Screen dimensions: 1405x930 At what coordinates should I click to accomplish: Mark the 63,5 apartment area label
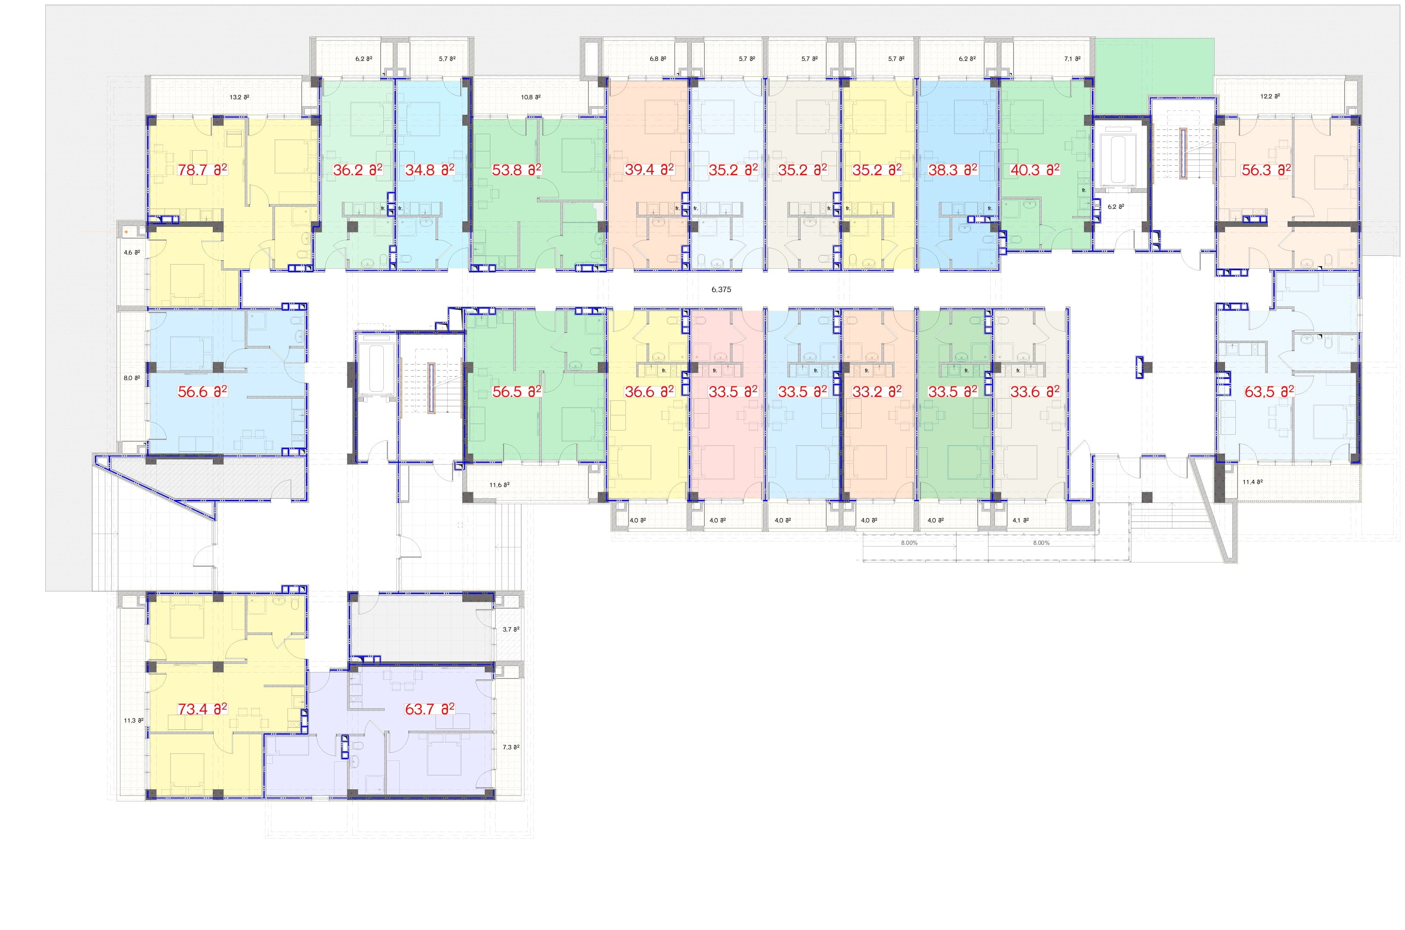coord(1269,392)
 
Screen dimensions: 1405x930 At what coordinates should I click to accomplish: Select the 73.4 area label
coord(202,709)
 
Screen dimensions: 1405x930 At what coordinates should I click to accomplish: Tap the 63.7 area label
coord(429,709)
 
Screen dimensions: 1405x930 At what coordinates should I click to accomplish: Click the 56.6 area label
coord(202,392)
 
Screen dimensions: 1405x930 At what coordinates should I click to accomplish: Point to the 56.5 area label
coord(517,392)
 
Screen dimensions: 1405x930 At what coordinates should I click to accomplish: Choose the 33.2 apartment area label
coord(877,392)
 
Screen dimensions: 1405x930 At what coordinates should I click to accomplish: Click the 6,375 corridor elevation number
coord(721,289)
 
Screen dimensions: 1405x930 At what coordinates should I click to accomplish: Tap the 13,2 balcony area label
coord(240,97)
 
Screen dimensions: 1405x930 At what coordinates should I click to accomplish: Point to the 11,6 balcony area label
coord(499,484)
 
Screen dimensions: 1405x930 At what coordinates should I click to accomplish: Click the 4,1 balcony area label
coord(1020,520)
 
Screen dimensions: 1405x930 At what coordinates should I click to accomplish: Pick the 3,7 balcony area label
coord(511,629)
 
